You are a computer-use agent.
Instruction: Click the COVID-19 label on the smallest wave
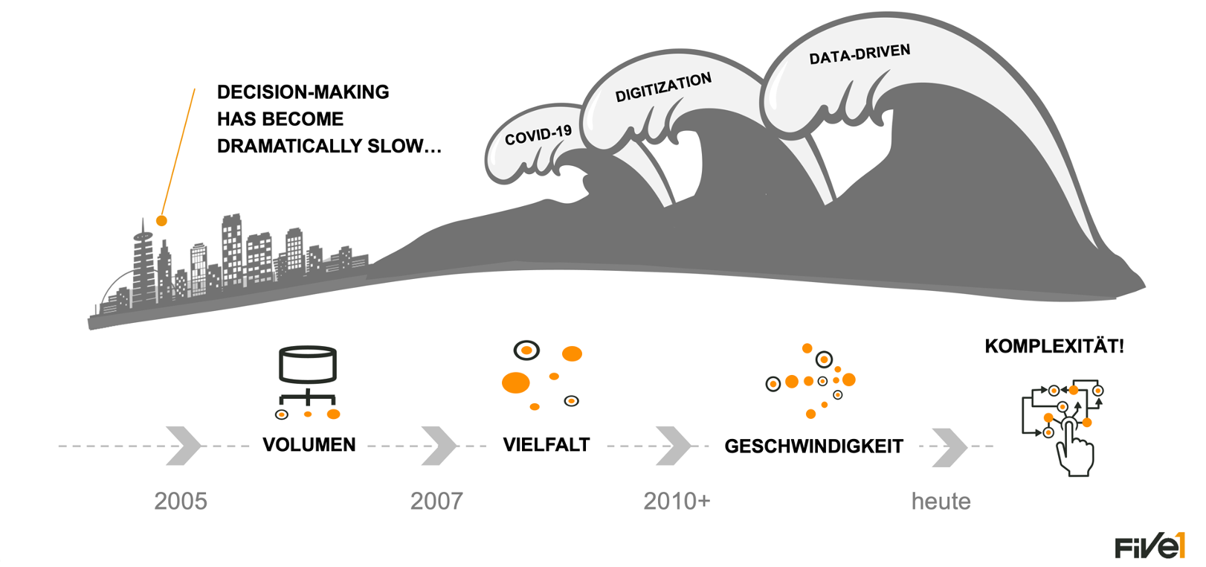coord(538,135)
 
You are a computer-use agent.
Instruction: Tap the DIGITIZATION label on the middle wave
coord(662,87)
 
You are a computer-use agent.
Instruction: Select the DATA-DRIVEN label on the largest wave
coord(860,54)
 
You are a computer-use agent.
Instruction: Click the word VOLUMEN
coord(309,445)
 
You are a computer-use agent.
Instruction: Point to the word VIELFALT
coord(546,445)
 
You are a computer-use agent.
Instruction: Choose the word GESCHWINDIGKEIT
coord(813,446)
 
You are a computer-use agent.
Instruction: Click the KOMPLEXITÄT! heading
coord(1054,346)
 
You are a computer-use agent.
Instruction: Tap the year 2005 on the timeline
coord(181,501)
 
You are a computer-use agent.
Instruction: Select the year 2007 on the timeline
coord(436,501)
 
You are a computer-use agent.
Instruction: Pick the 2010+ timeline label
coord(677,501)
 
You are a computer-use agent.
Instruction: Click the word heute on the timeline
coord(941,502)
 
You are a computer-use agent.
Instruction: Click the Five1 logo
coord(1149,546)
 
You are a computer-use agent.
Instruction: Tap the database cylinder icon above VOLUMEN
coord(308,365)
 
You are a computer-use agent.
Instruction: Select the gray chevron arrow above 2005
coord(183,446)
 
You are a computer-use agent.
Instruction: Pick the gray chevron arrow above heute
coord(949,447)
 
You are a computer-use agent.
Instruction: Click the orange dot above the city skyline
coord(161,220)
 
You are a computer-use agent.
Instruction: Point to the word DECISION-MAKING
coord(303,92)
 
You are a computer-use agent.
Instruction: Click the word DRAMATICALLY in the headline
coord(279,146)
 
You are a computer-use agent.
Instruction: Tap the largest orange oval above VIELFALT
coord(516,382)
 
